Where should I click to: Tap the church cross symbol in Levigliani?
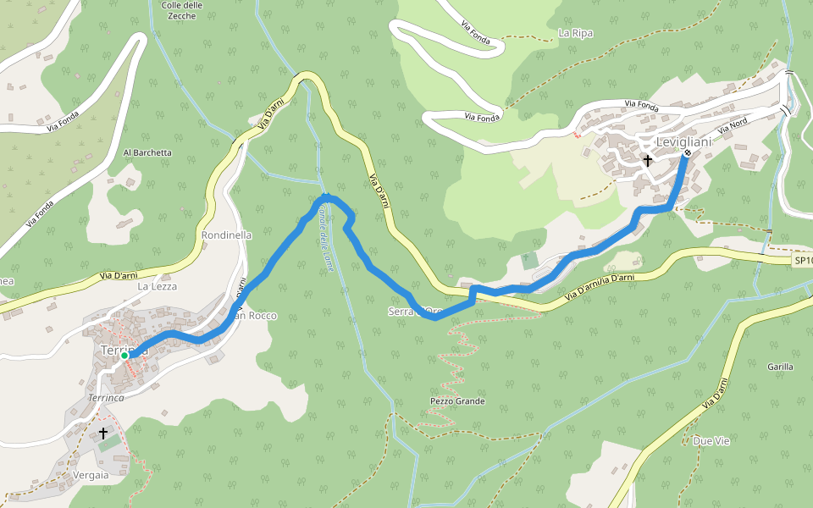pos(648,160)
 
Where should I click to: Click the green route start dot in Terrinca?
pos(124,356)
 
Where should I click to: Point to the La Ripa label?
pos(576,33)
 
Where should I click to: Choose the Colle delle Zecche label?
pos(182,10)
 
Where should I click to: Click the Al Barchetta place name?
pos(147,153)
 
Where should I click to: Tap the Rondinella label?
pos(227,235)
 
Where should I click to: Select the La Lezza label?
pos(155,287)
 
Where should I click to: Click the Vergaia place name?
pos(91,475)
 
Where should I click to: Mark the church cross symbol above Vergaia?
pos(103,433)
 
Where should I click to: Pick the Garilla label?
pos(779,367)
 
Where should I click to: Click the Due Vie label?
pos(711,441)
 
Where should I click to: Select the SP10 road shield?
pos(803,261)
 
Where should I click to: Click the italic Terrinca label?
pos(106,397)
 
